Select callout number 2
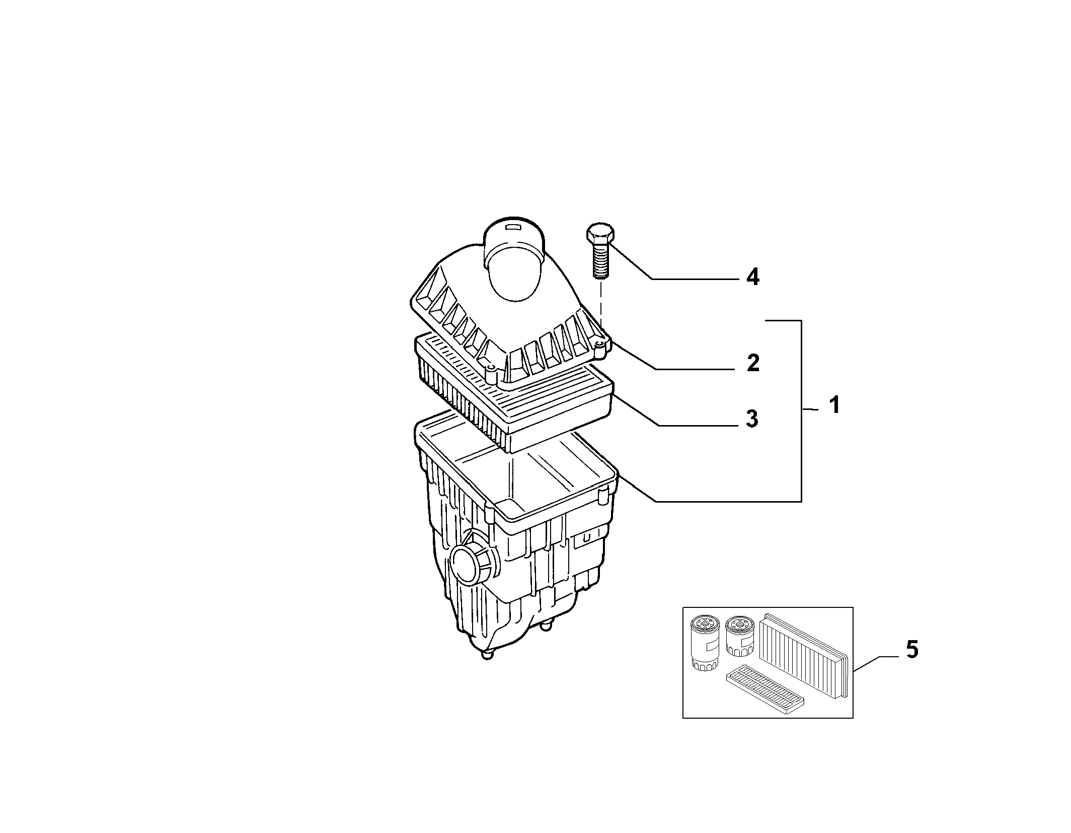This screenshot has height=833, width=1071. [x=753, y=363]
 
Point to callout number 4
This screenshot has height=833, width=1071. [x=752, y=277]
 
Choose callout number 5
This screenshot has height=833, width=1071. [x=911, y=649]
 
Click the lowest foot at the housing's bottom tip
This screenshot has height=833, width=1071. [x=487, y=655]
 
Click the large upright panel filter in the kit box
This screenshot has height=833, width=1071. [x=804, y=655]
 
